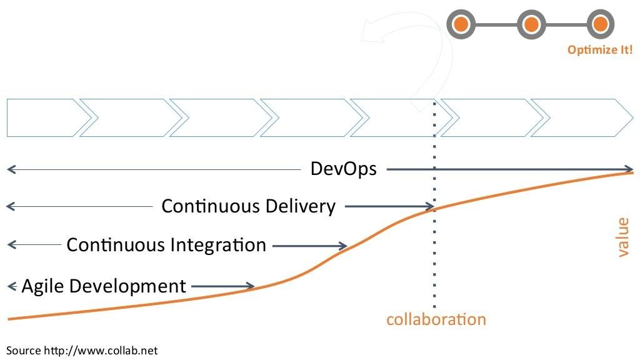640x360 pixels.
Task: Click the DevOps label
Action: click(343, 169)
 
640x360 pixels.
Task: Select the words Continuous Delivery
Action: click(249, 206)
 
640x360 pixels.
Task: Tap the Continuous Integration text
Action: click(166, 245)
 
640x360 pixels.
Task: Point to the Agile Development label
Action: click(104, 286)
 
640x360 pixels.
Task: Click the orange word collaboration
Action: click(436, 319)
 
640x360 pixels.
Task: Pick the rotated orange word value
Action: click(622, 237)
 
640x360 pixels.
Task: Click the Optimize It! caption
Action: click(599, 50)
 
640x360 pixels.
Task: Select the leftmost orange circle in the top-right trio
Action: click(461, 24)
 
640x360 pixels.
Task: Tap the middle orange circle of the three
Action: click(531, 24)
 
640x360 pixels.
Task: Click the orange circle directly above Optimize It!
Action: click(600, 24)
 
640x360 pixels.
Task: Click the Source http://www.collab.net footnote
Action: click(82, 351)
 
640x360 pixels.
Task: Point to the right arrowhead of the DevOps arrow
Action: click(629, 169)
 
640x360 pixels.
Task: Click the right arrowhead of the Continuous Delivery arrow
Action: click(430, 206)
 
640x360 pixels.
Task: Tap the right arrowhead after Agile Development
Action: click(250, 286)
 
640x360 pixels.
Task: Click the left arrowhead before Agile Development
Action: click(11, 286)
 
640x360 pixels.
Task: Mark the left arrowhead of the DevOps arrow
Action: click(11, 169)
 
